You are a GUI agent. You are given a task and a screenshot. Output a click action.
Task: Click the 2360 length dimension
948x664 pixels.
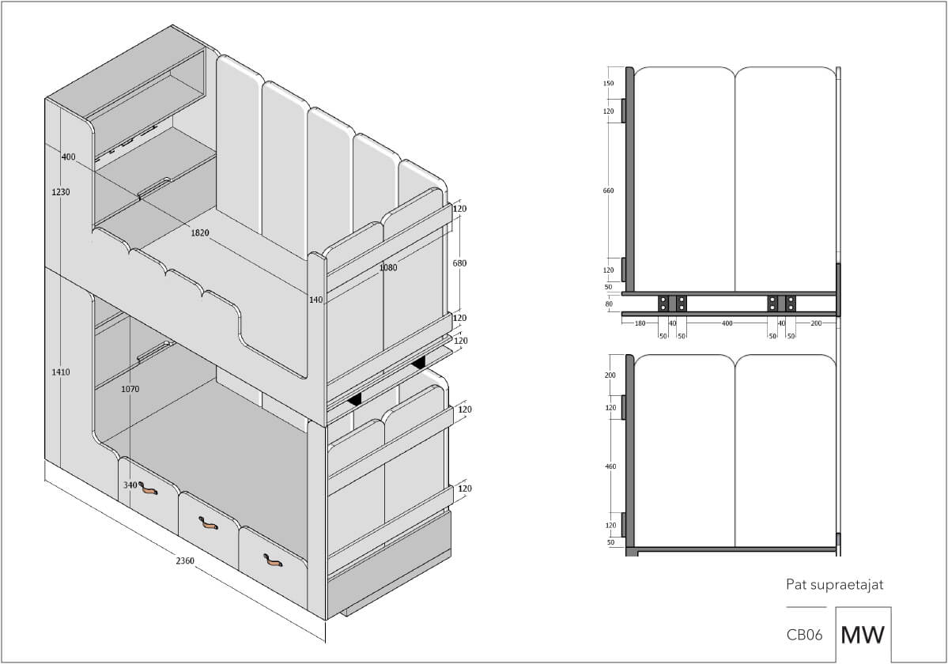pyautogui.click(x=185, y=560)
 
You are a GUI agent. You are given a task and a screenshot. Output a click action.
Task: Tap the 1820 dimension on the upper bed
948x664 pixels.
pyautogui.click(x=200, y=232)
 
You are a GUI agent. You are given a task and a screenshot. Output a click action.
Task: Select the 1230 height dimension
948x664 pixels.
pyautogui.click(x=60, y=192)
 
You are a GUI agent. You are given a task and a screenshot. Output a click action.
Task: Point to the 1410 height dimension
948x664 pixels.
pyautogui.click(x=60, y=372)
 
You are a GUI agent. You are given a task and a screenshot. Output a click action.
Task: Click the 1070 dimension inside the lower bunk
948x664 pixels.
pyautogui.click(x=130, y=389)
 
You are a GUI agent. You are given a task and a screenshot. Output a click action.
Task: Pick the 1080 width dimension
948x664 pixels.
pyautogui.click(x=388, y=268)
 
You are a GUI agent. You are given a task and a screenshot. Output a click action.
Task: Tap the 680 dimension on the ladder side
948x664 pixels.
pyautogui.click(x=459, y=263)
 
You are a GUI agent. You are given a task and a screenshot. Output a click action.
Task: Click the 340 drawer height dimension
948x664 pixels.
pyautogui.click(x=130, y=485)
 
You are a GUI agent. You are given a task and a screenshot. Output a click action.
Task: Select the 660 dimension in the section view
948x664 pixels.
pyautogui.click(x=608, y=191)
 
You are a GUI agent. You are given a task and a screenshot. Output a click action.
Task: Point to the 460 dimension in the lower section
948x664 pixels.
pyautogui.click(x=610, y=466)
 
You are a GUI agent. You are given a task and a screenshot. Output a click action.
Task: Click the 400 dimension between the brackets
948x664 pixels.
pyautogui.click(x=727, y=323)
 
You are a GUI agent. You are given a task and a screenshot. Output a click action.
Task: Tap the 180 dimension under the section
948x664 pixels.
pyautogui.click(x=640, y=323)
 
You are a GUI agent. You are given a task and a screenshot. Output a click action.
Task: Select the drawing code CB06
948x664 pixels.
pyautogui.click(x=804, y=635)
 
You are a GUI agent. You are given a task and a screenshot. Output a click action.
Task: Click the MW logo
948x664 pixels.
pyautogui.click(x=863, y=635)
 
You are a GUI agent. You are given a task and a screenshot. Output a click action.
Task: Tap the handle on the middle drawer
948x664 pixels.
pyautogui.click(x=209, y=523)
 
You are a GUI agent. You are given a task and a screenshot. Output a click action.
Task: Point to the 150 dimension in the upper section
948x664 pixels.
pyautogui.click(x=608, y=83)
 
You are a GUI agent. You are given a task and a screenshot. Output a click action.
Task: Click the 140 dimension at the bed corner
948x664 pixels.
pyautogui.click(x=315, y=300)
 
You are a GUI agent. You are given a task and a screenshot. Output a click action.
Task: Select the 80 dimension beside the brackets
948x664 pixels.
pyautogui.click(x=608, y=304)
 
